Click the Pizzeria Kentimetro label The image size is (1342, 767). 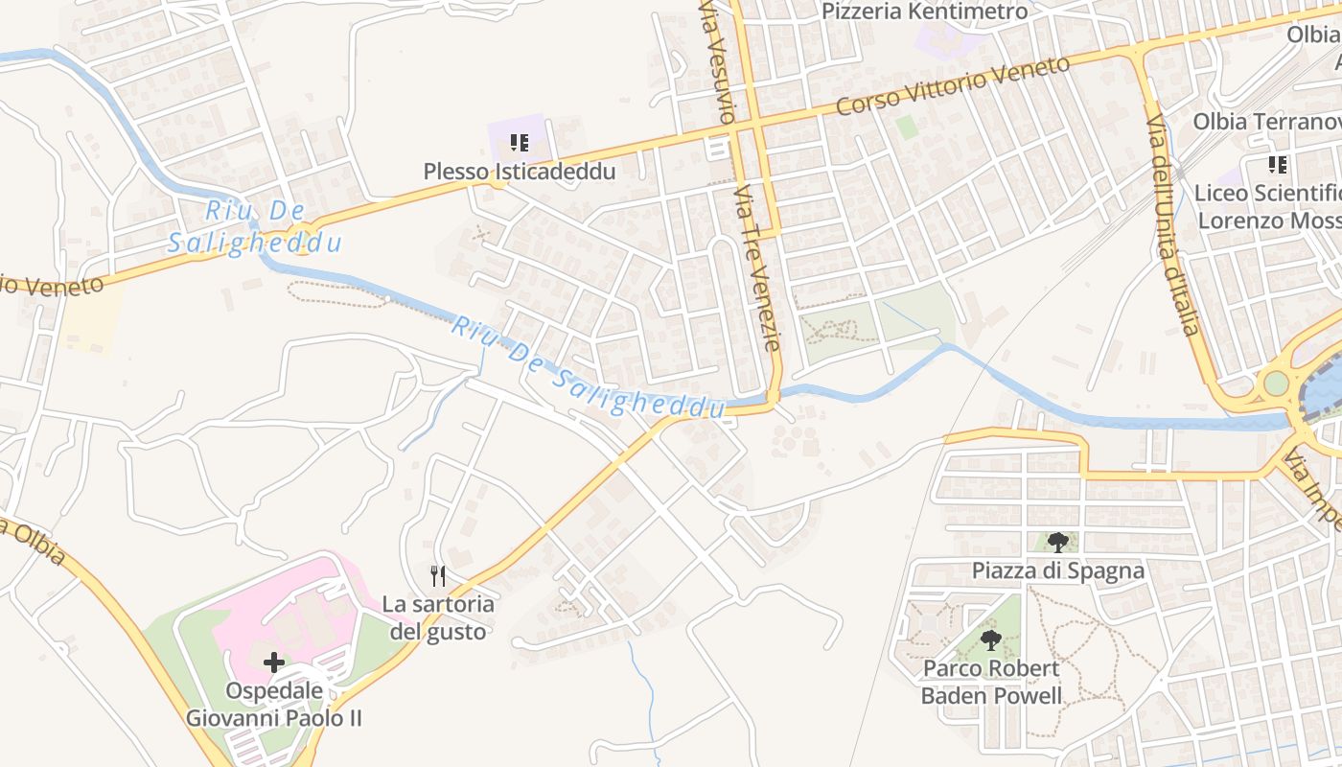(925, 12)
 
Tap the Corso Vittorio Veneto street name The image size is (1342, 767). (953, 85)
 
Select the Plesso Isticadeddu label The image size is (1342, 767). (520, 171)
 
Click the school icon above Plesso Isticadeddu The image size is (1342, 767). (520, 144)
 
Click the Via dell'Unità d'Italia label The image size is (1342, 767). (1174, 225)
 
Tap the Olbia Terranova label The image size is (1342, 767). (1265, 122)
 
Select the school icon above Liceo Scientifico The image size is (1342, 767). (1277, 165)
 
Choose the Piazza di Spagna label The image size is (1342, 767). (1058, 570)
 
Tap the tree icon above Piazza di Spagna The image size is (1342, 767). (1057, 543)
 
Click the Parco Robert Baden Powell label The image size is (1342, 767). (991, 681)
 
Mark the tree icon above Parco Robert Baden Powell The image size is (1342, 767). (991, 639)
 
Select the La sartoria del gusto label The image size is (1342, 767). (438, 617)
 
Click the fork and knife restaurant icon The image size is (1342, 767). (438, 576)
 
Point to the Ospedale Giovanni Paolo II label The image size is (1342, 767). (273, 704)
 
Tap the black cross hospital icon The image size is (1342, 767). (274, 662)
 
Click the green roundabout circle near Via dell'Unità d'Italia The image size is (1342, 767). (1276, 383)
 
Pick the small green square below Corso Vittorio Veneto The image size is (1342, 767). (906, 127)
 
